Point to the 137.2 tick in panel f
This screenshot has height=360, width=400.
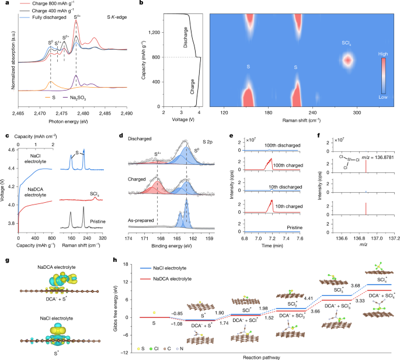tap(395, 240)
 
